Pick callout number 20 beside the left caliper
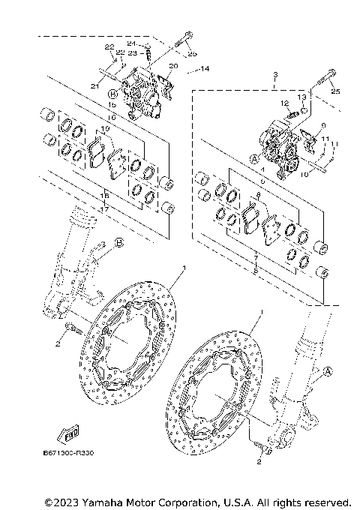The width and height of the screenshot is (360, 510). pos(173,67)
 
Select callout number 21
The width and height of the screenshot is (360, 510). pos(95,86)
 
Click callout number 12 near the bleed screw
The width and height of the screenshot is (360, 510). pos(285,103)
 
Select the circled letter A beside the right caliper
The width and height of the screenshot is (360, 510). pos(254,159)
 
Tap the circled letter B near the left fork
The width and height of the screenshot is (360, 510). pos(118,241)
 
